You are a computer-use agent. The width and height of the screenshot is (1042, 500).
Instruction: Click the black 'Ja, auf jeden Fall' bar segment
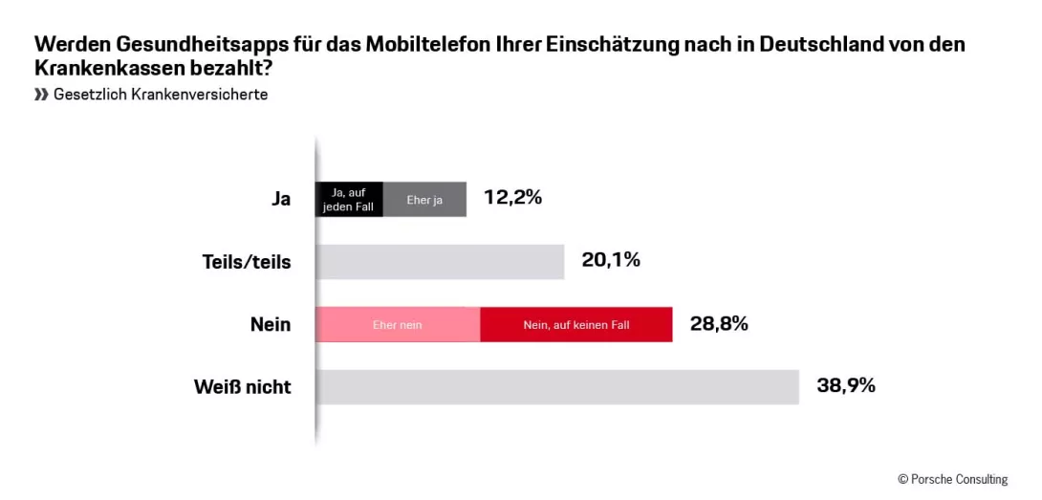[349, 199]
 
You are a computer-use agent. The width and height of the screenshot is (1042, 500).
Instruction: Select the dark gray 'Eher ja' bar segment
[424, 199]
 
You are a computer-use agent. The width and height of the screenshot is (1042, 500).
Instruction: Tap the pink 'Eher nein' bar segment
[397, 325]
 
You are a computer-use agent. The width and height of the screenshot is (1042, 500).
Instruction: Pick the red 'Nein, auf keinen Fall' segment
[575, 325]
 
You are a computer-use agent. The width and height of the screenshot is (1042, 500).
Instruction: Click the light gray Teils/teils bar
[440, 262]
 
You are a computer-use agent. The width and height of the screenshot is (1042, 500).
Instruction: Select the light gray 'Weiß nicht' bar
[556, 387]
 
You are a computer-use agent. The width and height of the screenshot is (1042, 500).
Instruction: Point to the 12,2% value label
[512, 198]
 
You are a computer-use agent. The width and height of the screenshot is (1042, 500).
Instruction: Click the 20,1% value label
[610, 260]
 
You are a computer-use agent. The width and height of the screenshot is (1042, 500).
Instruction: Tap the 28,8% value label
[718, 323]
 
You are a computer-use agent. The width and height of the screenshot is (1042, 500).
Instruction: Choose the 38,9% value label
[845, 386]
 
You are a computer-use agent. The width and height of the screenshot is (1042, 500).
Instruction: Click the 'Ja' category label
[280, 199]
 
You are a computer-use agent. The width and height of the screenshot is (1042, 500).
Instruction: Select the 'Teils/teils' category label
[247, 262]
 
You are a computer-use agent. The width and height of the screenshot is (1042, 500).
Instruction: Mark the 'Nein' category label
[271, 325]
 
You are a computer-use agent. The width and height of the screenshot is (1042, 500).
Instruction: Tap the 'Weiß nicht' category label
[242, 387]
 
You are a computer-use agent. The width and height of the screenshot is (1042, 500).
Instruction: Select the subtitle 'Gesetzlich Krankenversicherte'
[161, 95]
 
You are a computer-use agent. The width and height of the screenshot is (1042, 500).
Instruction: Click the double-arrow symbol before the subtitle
[41, 95]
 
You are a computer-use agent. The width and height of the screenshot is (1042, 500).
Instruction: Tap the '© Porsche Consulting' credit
[952, 479]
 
